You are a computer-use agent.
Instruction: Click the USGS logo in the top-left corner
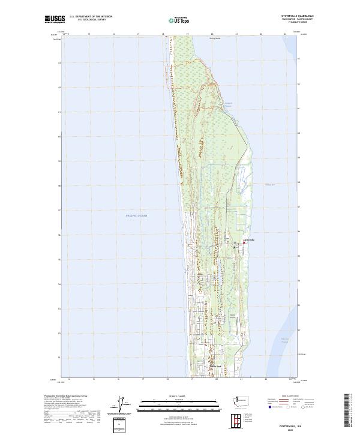[55, 19]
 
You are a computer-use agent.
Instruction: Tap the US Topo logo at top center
[181, 20]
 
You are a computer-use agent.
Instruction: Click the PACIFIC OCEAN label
[136, 215]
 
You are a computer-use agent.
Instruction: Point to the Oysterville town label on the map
[248, 240]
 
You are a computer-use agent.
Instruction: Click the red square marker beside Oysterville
[243, 243]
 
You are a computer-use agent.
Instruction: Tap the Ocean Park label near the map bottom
[215, 367]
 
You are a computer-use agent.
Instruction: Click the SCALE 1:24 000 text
[179, 396]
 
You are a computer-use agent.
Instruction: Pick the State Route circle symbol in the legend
[304, 406]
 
